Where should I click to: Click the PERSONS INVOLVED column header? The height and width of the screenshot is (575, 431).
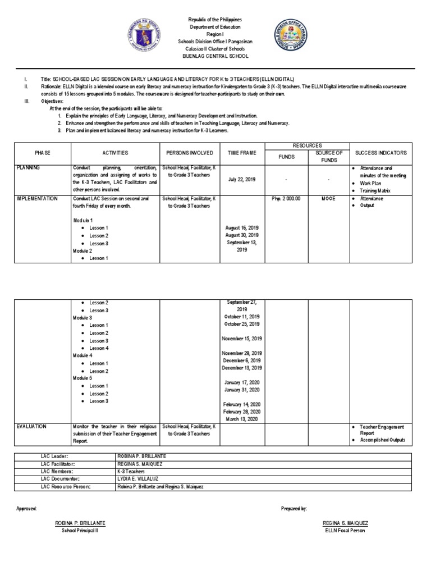(x=189, y=153)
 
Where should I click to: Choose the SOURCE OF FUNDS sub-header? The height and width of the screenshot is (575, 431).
(x=328, y=157)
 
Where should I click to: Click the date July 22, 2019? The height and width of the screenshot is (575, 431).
(x=242, y=179)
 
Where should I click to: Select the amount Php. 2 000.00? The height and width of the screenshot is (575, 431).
(x=286, y=198)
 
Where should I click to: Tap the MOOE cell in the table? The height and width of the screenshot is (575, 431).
(x=328, y=198)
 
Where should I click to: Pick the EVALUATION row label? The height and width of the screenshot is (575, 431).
(x=34, y=427)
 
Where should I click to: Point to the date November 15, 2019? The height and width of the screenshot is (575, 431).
(x=242, y=339)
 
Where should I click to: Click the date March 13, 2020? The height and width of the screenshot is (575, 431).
(x=242, y=419)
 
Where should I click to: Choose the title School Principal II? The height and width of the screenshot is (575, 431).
(x=79, y=531)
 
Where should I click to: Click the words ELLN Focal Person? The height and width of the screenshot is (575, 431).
(x=345, y=531)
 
